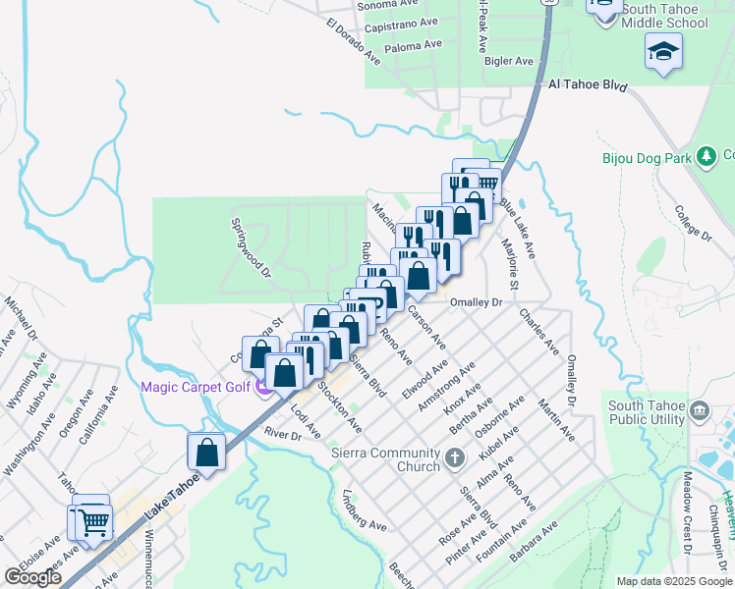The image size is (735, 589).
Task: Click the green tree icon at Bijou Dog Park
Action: point(705,156)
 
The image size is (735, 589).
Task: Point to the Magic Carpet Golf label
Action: point(195,386)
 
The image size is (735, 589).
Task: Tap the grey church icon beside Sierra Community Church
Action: point(453,457)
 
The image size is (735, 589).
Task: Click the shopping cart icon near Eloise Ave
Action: point(93,521)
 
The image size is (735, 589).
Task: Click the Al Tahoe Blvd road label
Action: point(588,85)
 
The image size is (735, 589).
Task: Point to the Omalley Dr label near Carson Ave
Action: point(476,302)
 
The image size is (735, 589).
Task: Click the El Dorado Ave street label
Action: point(354,40)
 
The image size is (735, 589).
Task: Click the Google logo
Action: point(32,577)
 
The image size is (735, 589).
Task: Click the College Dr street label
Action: point(693,222)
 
